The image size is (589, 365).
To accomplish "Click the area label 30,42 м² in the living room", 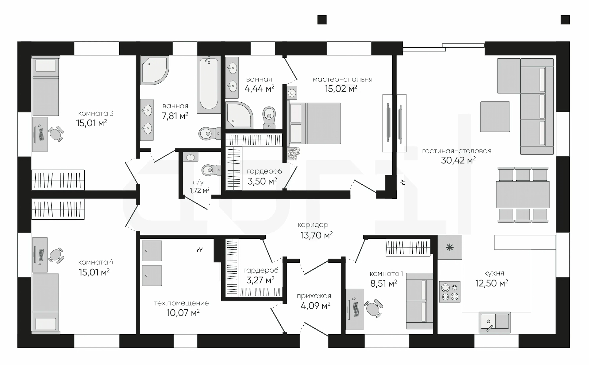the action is pyautogui.click(x=458, y=160).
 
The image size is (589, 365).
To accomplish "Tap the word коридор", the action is pyautogui.click(x=313, y=225).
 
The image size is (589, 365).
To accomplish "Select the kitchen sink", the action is pyautogui.click(x=495, y=322).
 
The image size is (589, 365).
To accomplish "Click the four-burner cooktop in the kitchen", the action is pyautogui.click(x=449, y=292).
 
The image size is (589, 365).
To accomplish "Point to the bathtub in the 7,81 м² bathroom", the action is pyautogui.click(x=209, y=84).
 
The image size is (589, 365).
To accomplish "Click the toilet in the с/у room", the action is pyautogui.click(x=211, y=170).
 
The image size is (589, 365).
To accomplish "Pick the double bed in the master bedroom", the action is pyautogui.click(x=314, y=123).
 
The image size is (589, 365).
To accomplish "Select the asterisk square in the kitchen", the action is pyautogui.click(x=450, y=247).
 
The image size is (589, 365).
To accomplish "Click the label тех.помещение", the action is pyautogui.click(x=181, y=303).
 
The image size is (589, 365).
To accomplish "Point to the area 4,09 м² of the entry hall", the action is pyautogui.click(x=315, y=306).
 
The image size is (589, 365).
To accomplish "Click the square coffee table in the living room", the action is pyautogui.click(x=495, y=117).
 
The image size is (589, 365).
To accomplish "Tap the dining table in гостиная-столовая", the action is pyautogui.click(x=523, y=195).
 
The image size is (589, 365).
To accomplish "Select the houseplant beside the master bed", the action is pyautogui.click(x=294, y=153).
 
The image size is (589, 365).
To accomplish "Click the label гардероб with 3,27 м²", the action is pyautogui.click(x=261, y=270).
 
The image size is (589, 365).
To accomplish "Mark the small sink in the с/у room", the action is pyautogui.click(x=191, y=157).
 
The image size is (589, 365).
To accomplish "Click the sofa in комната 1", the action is pyautogui.click(x=419, y=301).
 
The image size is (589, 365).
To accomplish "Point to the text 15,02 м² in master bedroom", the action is pyautogui.click(x=341, y=89).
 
